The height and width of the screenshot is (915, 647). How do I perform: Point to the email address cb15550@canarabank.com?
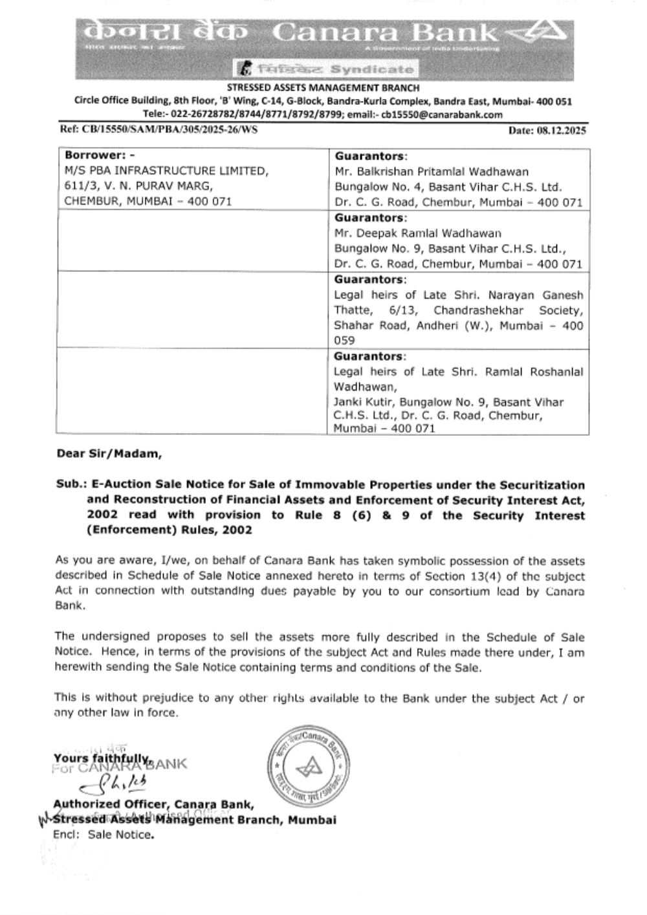[x=442, y=115]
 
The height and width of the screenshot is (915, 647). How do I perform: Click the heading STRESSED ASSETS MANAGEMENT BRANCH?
[x=323, y=88]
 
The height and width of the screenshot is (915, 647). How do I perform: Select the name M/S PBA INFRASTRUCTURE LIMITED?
[x=166, y=171]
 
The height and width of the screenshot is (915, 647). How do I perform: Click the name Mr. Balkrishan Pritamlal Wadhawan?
[x=432, y=172]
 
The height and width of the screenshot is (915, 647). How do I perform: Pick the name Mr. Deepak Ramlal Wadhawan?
[x=417, y=233]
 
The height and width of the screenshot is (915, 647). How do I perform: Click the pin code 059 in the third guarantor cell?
[x=344, y=341]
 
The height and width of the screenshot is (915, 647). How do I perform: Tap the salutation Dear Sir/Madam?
[x=109, y=453]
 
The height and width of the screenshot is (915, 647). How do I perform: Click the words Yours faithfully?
[x=102, y=758]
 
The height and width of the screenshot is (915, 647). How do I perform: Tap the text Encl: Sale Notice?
[x=104, y=835]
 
